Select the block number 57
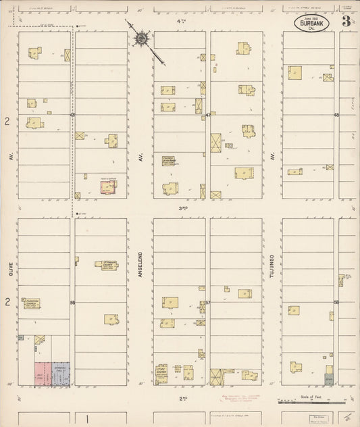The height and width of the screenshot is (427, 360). [208, 302]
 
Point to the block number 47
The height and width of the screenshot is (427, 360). [208, 116]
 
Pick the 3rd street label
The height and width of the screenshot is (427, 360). [181, 208]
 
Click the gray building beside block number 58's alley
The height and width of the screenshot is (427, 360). [329, 381]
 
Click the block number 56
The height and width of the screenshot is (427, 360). [72, 302]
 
